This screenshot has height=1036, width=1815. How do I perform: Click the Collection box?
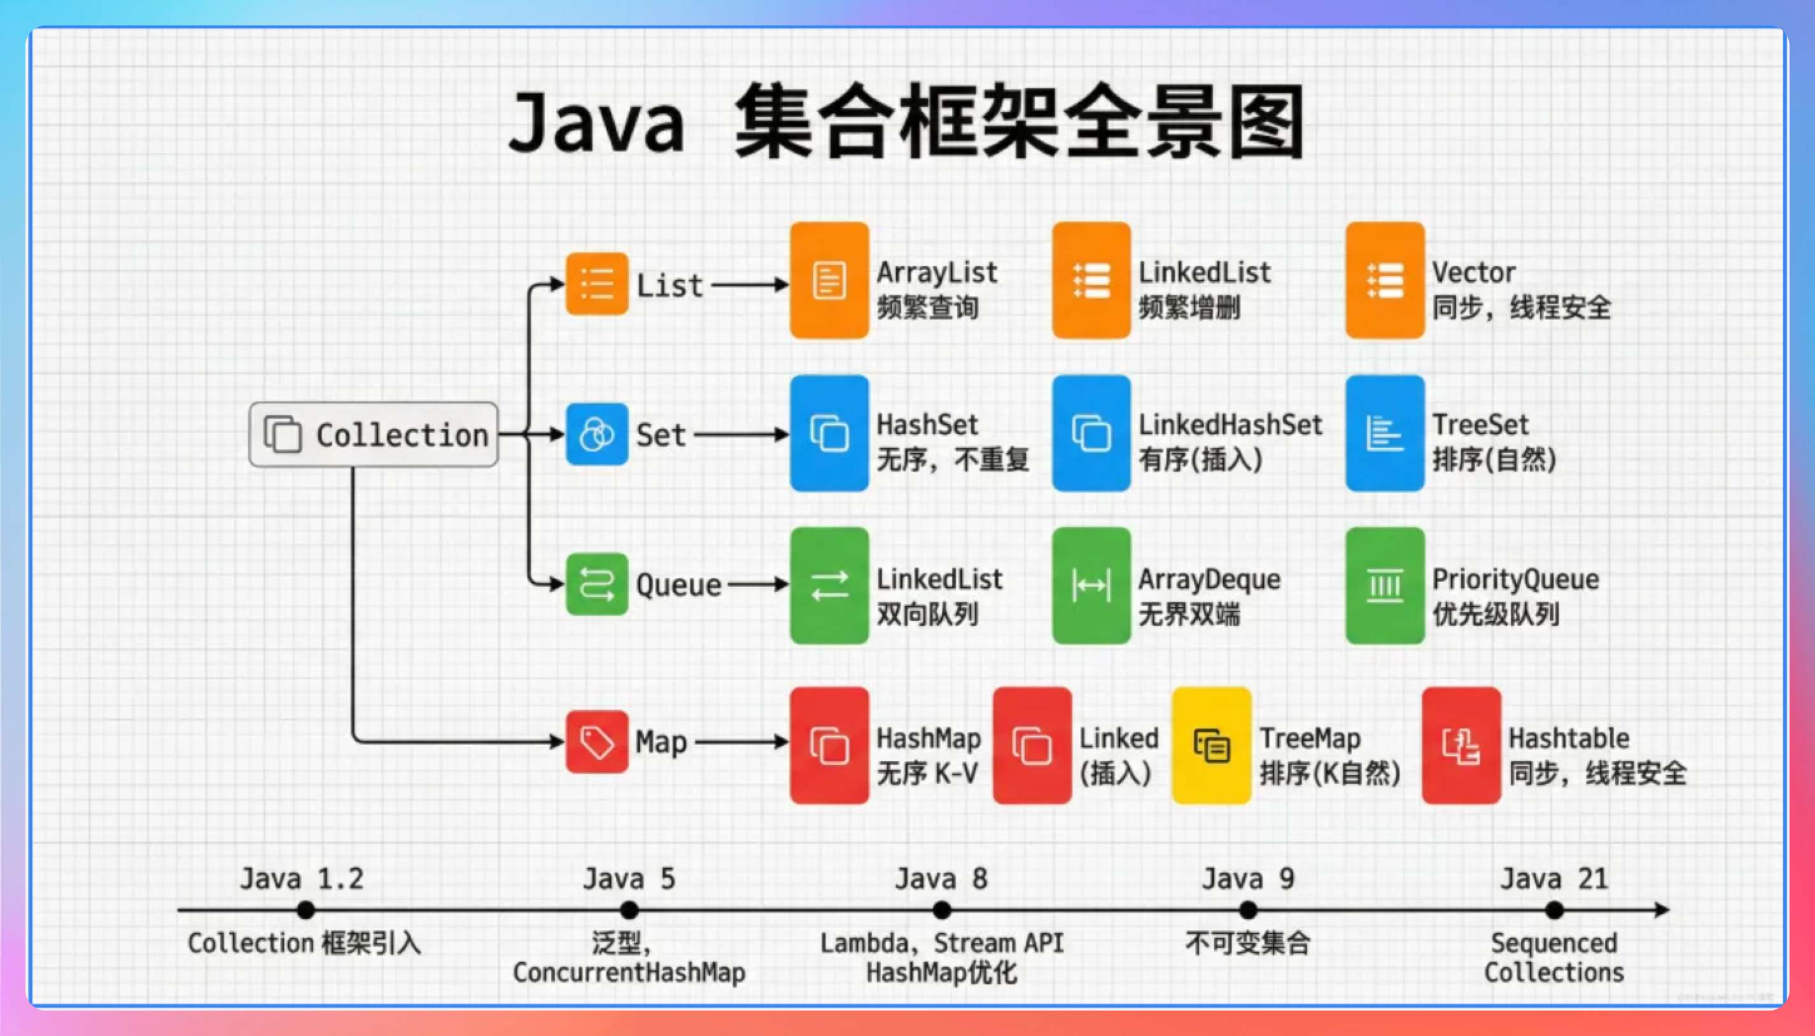pos(373,434)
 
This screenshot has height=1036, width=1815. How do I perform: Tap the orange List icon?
pos(596,283)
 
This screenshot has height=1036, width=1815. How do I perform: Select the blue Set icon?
pos(596,434)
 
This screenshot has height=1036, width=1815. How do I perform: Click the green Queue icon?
pos(596,584)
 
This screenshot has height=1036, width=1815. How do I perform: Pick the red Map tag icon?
pos(596,741)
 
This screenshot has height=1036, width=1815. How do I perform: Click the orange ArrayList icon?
pos(829,281)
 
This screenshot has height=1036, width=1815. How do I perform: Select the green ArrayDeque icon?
pos(1091,585)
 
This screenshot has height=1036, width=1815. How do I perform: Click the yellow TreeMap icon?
pos(1211,745)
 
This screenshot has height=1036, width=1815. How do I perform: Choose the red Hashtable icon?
pos(1461,745)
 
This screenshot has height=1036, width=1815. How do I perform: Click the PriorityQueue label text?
pos(1515,579)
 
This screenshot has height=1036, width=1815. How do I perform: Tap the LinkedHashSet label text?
pos(1230,425)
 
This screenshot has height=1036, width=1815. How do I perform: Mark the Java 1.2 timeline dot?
pos(306,909)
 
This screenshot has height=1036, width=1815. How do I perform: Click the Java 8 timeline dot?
pos(941,909)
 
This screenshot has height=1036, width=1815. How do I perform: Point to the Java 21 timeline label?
pos(1554,879)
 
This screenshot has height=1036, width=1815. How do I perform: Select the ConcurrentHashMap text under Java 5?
pos(629,972)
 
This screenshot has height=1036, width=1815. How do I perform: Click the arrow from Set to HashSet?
pos(740,434)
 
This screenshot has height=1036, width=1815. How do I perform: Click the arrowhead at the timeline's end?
pos(1662,909)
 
